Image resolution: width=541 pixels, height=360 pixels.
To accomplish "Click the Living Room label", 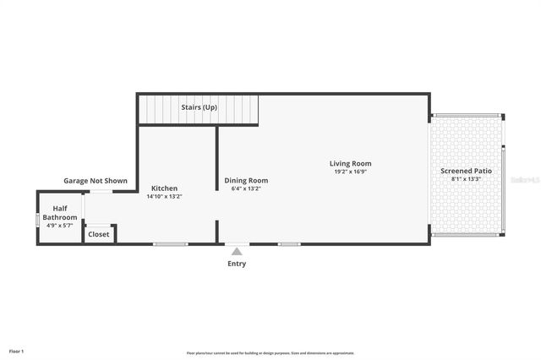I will (350, 163).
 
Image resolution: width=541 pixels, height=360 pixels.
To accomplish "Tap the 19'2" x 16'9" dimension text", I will (350, 172).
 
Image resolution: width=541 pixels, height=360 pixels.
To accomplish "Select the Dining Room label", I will (246, 180).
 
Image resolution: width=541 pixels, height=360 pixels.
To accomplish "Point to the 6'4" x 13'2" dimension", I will (246, 188).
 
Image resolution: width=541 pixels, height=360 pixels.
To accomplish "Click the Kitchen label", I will (164, 188).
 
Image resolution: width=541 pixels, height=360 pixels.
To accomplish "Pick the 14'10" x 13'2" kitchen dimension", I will (164, 196).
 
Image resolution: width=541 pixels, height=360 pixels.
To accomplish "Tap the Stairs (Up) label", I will (199, 107).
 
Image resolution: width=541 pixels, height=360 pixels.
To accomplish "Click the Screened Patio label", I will (466, 171).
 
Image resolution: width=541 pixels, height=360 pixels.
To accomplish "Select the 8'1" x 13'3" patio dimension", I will (466, 179).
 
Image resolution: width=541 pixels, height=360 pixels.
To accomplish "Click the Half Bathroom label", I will (60, 213).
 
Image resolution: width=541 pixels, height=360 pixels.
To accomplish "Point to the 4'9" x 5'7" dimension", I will (60, 226).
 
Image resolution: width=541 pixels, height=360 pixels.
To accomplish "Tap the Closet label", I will (99, 234).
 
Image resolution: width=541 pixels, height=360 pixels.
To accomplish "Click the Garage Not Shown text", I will (96, 180).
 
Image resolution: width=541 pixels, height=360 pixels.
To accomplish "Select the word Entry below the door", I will (237, 264).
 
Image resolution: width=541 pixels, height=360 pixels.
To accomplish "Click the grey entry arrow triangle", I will (237, 251).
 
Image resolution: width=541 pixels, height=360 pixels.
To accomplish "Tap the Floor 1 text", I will (16, 351).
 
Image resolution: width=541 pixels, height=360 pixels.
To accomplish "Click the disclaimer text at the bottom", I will (270, 353).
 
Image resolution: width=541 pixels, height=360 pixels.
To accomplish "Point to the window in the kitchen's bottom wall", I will (170, 244).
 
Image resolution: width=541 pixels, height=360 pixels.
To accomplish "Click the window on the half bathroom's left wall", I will (37, 219).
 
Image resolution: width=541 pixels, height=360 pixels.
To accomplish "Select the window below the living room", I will (289, 244).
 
